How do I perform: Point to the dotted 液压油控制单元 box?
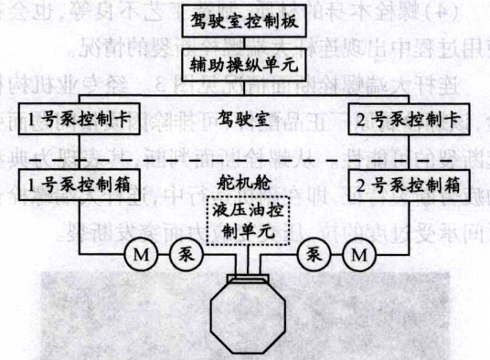tap(246, 223)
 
